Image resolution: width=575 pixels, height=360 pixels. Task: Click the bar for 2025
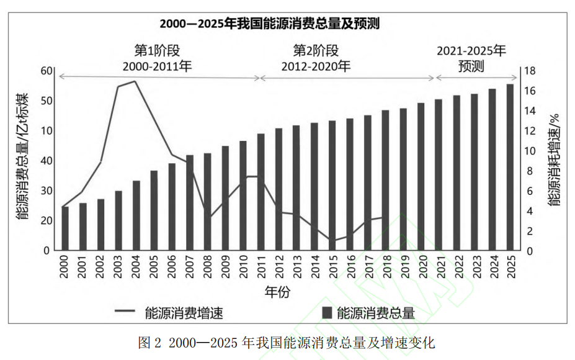[x=510, y=168]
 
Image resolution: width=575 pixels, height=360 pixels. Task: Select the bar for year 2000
[x=65, y=228]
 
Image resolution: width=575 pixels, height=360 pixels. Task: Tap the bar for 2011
[x=261, y=192]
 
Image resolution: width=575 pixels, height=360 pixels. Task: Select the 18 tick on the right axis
[x=530, y=71]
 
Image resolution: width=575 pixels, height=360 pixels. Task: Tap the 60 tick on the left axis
[x=47, y=71]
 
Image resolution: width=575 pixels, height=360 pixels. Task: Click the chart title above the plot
[x=269, y=24]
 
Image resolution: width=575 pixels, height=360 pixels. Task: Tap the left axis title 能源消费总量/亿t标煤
[x=22, y=158]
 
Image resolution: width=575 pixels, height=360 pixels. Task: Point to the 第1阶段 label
[x=157, y=50]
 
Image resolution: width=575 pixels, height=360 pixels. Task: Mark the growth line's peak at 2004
[x=135, y=81]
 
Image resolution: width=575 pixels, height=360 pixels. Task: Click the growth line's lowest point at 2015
[x=332, y=241]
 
